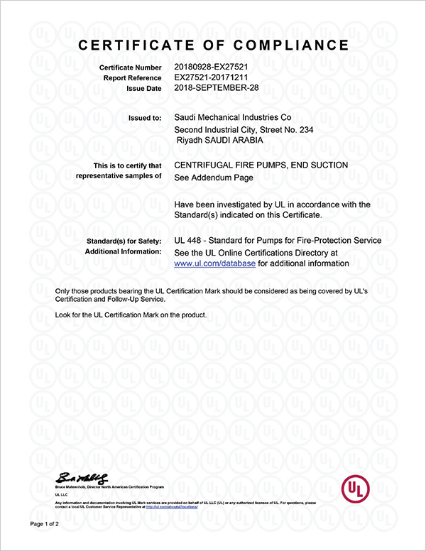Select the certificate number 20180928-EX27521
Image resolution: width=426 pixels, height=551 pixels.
210,67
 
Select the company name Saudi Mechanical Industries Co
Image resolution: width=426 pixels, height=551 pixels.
232,117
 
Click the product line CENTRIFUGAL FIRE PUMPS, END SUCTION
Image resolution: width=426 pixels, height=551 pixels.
261,165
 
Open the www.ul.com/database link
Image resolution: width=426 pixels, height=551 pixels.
204,263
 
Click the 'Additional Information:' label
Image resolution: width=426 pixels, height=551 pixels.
124,252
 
